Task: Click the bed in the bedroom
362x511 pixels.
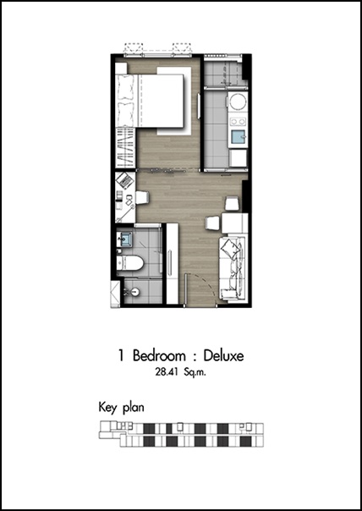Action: [x=149, y=101]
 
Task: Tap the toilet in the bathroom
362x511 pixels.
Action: [x=129, y=263]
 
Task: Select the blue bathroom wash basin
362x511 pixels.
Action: [x=124, y=239]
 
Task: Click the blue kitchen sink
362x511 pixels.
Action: [x=239, y=137]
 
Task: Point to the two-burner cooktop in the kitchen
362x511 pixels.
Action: [x=239, y=122]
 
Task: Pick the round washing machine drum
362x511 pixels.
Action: [x=239, y=102]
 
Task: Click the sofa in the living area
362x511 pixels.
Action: [x=232, y=270]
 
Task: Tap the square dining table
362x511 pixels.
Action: [x=235, y=223]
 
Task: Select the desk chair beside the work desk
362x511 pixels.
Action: [x=142, y=197]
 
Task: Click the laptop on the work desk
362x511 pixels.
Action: [x=125, y=180]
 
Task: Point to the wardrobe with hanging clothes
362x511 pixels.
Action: [x=125, y=147]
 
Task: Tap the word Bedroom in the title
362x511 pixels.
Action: [x=159, y=355]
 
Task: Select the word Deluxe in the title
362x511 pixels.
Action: [x=223, y=355]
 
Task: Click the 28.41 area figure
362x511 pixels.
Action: [x=166, y=372]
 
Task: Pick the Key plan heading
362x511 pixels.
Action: [x=121, y=408]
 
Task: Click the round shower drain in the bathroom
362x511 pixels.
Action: [x=135, y=292]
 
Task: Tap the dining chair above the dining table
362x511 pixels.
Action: [x=232, y=204]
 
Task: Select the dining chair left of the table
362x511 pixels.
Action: [x=213, y=224]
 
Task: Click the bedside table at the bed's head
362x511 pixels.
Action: [x=121, y=69]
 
